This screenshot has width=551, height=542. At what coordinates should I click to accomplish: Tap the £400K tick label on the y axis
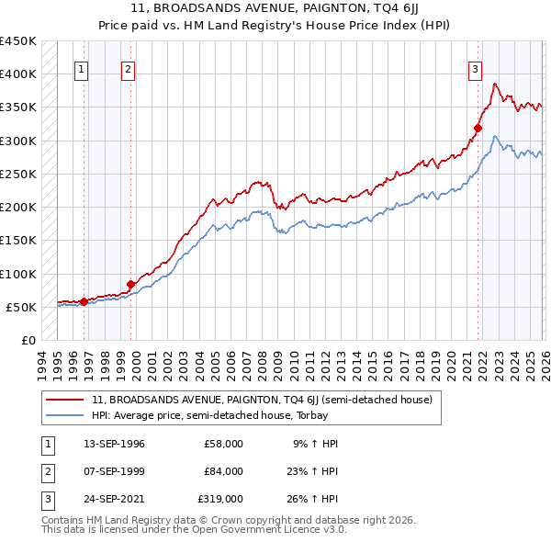[18, 74]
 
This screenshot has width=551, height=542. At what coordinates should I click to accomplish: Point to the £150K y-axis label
[18, 241]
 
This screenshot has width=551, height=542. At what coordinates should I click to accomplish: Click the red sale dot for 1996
[84, 301]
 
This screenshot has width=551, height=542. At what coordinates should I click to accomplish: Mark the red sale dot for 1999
[130, 284]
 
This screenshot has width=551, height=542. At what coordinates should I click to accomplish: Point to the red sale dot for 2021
[478, 128]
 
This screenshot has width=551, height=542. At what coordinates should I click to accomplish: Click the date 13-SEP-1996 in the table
[107, 444]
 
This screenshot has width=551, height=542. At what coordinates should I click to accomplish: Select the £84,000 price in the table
[223, 471]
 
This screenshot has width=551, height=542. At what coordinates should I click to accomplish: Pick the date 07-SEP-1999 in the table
[107, 471]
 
